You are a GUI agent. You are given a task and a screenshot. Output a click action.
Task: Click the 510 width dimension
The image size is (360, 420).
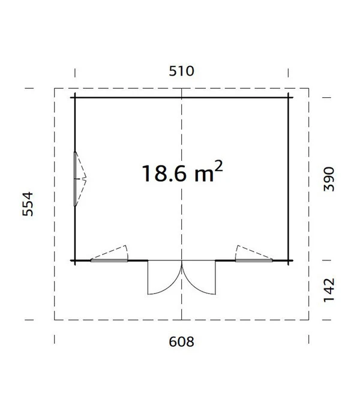pyautogui.click(x=181, y=71)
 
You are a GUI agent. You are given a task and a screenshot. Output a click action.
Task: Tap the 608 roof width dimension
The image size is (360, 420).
pyautogui.click(x=181, y=342)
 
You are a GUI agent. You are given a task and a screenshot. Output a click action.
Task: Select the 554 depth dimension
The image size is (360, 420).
pyautogui.click(x=28, y=204)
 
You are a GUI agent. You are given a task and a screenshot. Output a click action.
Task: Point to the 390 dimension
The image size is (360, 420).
pyautogui.click(x=329, y=179)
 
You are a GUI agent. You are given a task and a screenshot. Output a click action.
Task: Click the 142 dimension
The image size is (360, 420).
pyautogui.click(x=329, y=290)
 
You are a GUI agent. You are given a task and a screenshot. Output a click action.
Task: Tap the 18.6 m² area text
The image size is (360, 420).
pyautogui.click(x=182, y=172)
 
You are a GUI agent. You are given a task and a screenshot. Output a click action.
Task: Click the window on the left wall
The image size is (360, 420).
pyautogui.click(x=75, y=179)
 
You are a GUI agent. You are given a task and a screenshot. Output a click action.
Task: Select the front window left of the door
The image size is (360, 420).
pyautogui.click(x=109, y=260)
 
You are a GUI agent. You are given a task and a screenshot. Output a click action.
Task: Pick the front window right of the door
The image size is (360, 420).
pyautogui.click(x=254, y=260)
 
